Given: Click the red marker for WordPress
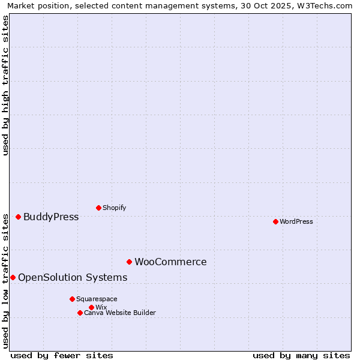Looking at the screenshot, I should point(275,221).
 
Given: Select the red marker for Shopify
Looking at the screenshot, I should point(98,208).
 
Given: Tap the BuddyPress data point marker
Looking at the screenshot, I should point(18,217).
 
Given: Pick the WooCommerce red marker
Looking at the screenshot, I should point(129,262).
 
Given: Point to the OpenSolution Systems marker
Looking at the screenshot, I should point(13,277).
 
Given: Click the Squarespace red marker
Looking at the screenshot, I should point(72,299).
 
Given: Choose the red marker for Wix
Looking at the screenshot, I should point(91,307).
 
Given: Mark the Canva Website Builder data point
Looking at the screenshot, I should point(80,313).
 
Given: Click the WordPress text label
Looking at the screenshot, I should point(296,221).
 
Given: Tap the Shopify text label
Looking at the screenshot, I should point(115,208).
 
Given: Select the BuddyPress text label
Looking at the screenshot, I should point(51,217).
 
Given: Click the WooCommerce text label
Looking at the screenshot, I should point(170,262).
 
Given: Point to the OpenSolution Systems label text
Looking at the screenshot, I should point(73,277).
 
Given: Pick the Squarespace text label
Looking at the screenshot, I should point(97,299).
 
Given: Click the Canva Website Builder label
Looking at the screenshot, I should point(120,313).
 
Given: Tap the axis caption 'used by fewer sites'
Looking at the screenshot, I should point(62,355).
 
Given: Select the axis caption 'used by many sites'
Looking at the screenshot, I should point(301,355).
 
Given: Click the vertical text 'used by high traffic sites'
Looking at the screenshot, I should point(5,85).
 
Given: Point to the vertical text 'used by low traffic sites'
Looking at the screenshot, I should point(5,280).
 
